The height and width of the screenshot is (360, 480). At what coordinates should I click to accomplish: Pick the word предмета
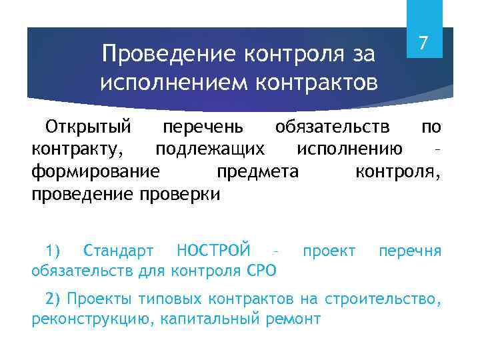click(257, 172)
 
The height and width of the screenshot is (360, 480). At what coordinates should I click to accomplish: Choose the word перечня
click(409, 251)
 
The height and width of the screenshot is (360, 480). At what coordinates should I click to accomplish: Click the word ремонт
click(293, 319)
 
